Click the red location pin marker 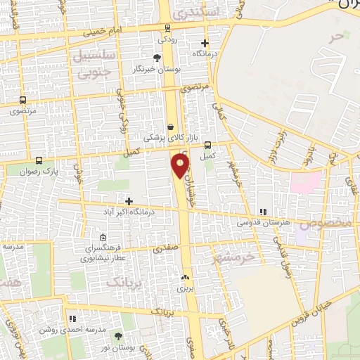coord(181,165)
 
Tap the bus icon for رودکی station coord(167,28)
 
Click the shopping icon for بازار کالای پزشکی coord(170,127)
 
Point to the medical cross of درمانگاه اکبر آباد coord(128,202)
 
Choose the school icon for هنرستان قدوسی coord(262,212)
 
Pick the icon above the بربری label coord(186,278)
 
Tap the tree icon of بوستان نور coord(118,337)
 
